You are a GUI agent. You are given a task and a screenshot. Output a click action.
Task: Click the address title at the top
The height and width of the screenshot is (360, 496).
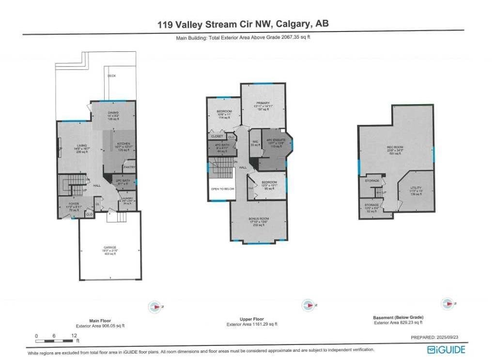(x=244, y=24)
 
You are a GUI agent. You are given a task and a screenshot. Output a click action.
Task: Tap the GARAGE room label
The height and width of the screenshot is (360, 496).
(x=110, y=248)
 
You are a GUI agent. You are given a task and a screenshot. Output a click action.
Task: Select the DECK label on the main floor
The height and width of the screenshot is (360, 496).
(x=112, y=76)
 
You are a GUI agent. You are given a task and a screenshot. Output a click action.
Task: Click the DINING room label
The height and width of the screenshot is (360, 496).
(x=113, y=113)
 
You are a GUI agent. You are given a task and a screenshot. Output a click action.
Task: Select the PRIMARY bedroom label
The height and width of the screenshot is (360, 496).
(x=263, y=103)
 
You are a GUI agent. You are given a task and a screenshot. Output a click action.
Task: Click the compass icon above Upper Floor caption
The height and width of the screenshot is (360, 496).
(x=307, y=305)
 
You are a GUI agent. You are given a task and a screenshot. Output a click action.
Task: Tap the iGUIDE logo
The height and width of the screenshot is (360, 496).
(x=446, y=349)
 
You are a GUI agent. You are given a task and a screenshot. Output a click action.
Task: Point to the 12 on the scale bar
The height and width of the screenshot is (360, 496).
(x=74, y=335)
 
